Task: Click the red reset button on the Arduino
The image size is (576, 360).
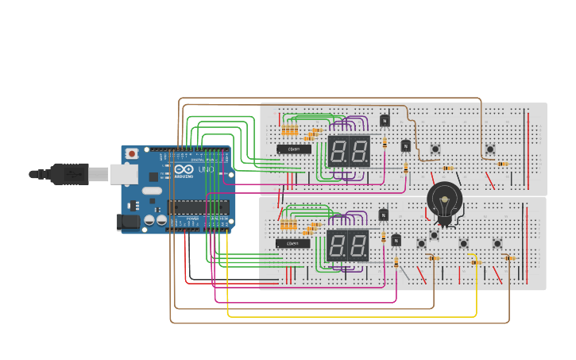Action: coord(132,153)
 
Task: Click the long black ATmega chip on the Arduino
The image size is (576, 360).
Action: coord(198,208)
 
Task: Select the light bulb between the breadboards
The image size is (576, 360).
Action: coord(443,203)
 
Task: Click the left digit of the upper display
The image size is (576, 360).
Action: coord(338,151)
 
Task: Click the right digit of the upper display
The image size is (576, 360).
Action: coord(359,151)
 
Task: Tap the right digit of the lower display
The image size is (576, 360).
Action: coord(358,246)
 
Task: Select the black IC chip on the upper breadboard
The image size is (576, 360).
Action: coord(294,149)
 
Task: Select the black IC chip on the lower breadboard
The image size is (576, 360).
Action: coord(293,243)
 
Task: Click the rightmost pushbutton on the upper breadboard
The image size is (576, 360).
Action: coord(490,149)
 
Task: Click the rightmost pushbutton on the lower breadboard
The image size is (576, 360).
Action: coord(497,243)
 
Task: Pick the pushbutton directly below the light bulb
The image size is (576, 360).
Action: coord(434,234)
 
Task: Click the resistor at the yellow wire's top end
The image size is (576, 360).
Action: coord(475,262)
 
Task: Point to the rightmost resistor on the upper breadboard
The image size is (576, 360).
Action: coord(502,164)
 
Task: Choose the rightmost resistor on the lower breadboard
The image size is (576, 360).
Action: coord(509,257)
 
